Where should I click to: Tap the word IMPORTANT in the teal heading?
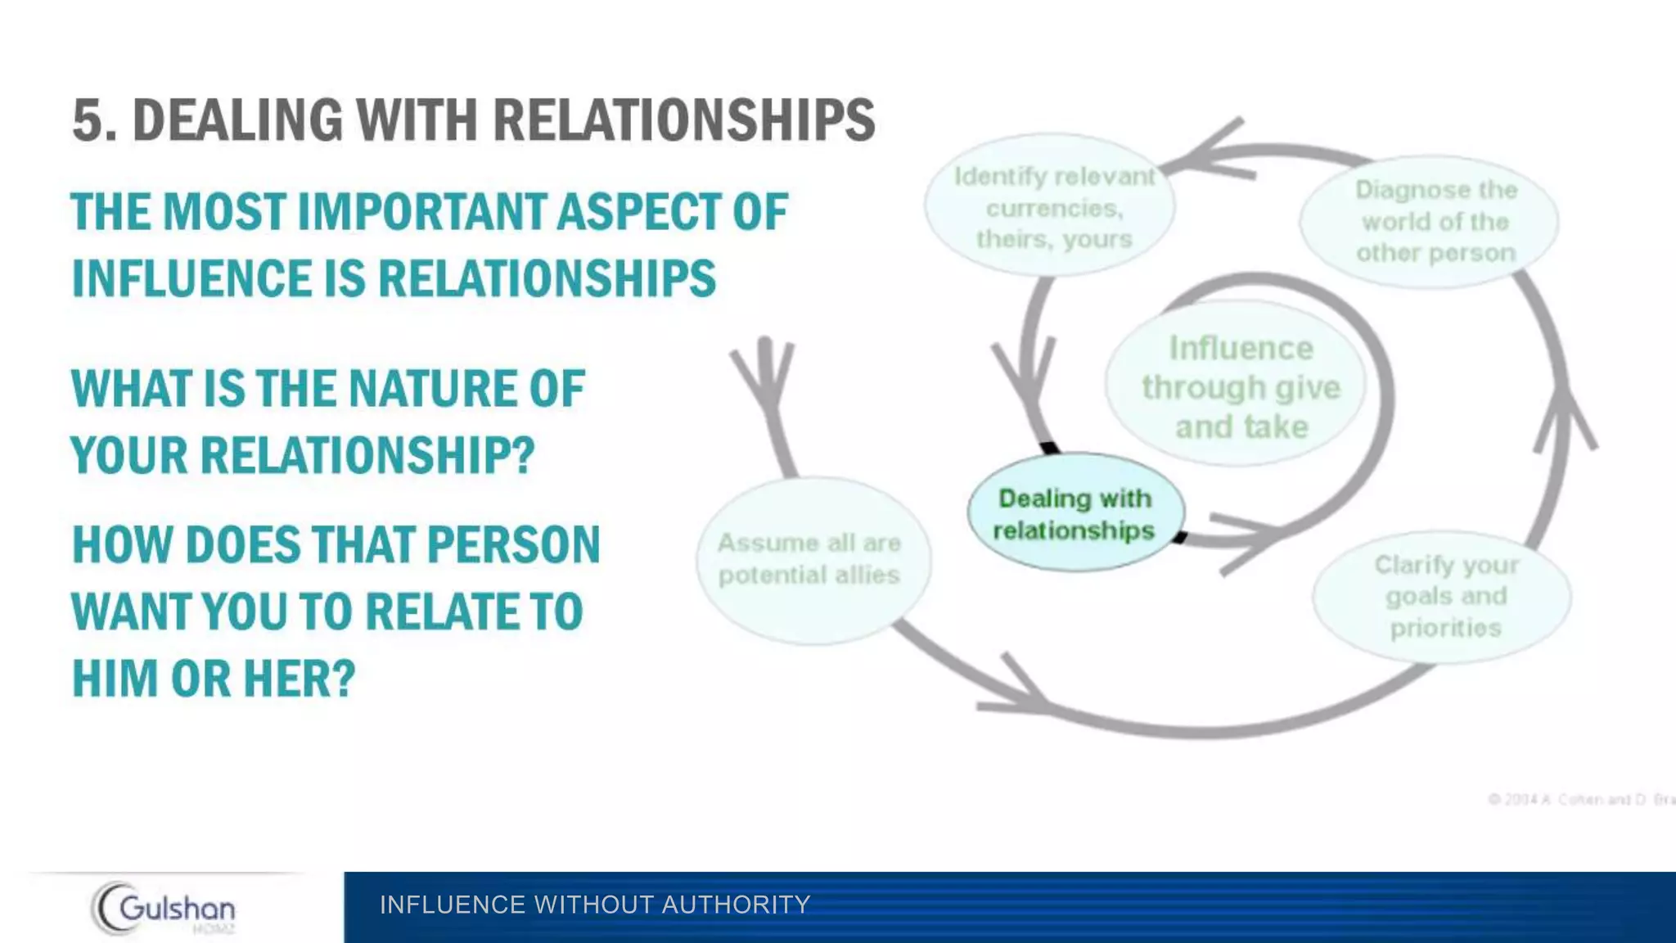point(424,212)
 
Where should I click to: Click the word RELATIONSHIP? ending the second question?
point(367,455)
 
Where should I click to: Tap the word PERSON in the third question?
point(513,545)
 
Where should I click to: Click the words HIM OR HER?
point(214,679)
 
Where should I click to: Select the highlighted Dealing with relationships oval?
point(1075,513)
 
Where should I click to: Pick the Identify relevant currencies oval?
point(1052,207)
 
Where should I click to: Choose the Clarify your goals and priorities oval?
point(1444,596)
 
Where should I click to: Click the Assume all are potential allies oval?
point(810,559)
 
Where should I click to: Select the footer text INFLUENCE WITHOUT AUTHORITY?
point(595,905)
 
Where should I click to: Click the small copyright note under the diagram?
point(1579,799)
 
